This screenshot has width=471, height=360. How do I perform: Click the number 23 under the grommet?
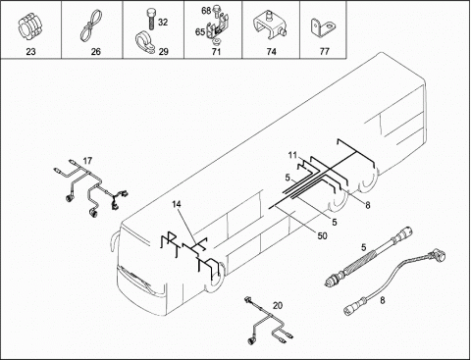30,52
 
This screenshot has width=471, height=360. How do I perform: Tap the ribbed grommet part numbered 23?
29,27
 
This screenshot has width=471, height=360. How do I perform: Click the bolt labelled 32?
150,19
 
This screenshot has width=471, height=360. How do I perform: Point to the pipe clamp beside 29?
146,43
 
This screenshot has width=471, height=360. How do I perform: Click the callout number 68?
206,11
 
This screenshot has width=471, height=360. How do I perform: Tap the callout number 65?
200,32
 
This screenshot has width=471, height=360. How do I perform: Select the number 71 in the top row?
217,52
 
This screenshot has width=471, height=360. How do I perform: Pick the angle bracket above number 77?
321,28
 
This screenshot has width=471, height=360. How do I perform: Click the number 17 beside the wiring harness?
87,161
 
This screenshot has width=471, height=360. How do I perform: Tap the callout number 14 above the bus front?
177,204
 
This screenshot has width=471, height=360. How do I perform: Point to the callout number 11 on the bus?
292,155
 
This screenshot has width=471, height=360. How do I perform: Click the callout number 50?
323,235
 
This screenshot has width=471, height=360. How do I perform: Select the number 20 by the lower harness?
278,306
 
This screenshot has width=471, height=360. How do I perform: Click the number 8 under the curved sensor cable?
383,300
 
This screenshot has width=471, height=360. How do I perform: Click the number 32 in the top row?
163,22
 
